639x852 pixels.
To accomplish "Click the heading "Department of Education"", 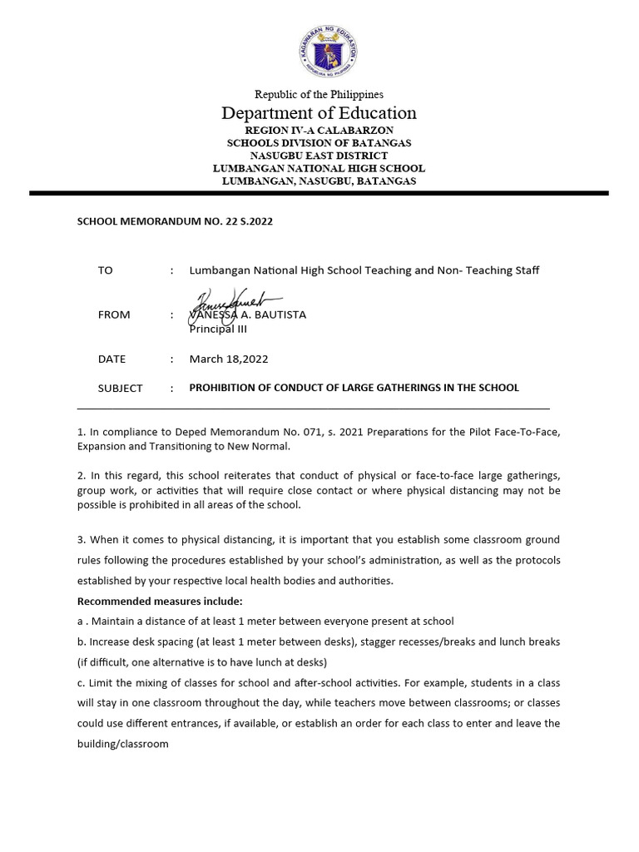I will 319,113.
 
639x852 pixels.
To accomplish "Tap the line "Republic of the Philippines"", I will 319,94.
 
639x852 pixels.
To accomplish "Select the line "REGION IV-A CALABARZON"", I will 319,131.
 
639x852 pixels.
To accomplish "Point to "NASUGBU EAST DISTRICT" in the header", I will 319,156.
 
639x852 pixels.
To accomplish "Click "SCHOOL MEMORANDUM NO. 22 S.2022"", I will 175,221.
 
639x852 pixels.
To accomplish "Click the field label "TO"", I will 105,270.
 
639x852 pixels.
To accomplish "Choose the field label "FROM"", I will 114,315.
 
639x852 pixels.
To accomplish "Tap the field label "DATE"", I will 111,359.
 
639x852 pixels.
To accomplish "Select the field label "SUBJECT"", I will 120,388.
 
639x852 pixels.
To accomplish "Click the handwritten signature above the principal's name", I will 235,302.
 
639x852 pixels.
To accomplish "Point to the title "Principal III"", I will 218,329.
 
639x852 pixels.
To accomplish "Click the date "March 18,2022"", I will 229,359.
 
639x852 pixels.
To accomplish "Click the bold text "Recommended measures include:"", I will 160,601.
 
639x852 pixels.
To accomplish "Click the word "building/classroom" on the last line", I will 122,744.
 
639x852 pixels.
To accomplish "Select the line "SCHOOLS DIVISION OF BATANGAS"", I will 319,143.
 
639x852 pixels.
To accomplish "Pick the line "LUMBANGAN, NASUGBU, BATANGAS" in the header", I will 319,181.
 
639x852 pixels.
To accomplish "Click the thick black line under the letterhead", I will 319,193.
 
